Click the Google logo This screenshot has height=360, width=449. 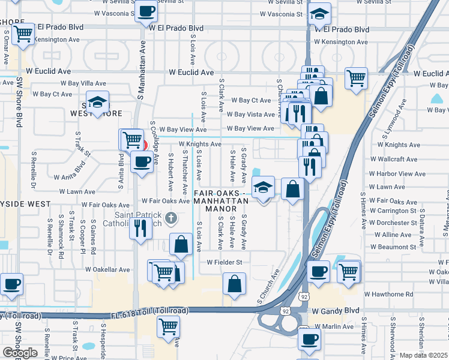click(x=20, y=353)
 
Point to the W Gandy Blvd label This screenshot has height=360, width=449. click(x=336, y=311)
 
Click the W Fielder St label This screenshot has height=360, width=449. click(x=224, y=262)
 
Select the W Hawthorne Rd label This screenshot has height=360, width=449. click(x=390, y=295)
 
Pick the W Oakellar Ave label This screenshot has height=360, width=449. click(x=107, y=269)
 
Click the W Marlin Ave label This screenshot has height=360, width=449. click(x=338, y=326)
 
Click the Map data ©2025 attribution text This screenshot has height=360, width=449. click(x=424, y=355)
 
